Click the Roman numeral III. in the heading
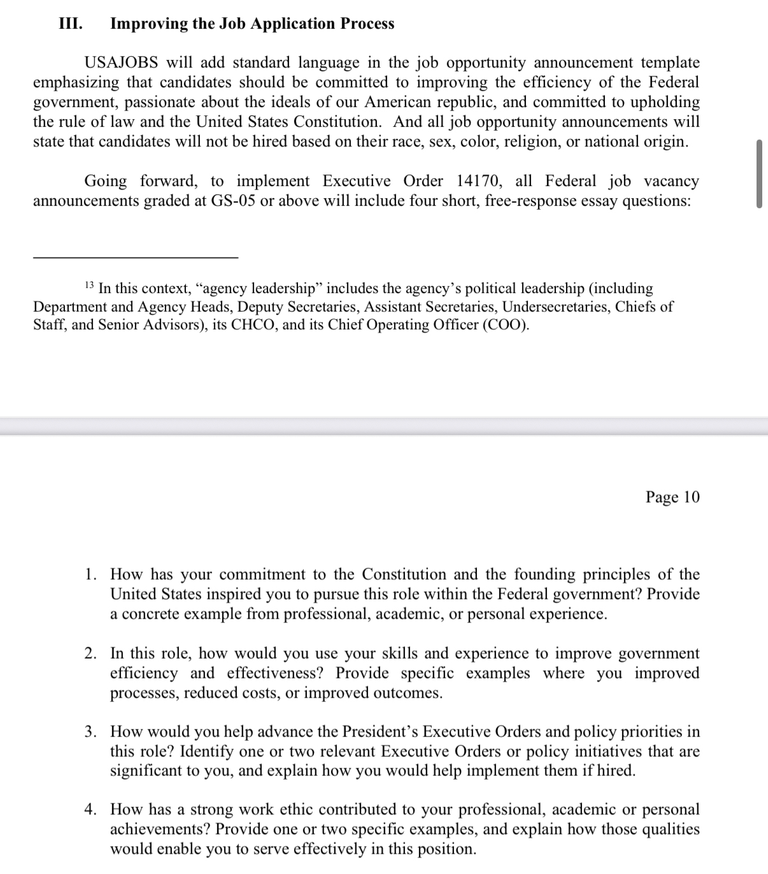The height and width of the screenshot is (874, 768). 70,24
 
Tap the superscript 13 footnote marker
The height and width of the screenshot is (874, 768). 89,285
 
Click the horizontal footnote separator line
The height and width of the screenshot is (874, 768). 136,257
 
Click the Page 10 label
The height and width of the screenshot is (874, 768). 672,497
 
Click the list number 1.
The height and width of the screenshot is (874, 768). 91,575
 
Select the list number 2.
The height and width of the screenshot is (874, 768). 91,654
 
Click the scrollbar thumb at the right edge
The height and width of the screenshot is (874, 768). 759,173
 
